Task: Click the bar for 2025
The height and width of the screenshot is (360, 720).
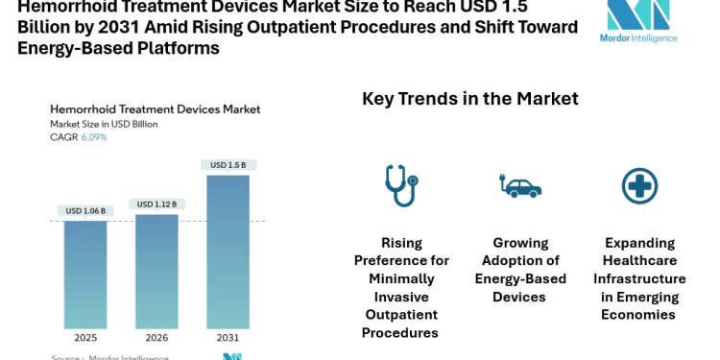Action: click(85, 275)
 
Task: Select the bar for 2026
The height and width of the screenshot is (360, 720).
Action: click(156, 272)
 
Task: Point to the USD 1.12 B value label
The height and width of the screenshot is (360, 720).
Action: click(156, 204)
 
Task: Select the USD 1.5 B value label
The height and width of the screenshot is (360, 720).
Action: click(228, 165)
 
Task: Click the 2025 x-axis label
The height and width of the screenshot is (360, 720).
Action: click(85, 338)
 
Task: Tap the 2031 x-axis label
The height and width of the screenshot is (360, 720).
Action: click(228, 338)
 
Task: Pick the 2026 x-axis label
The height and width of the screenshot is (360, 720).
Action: click(156, 338)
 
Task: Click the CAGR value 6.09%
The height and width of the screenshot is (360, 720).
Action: click(93, 137)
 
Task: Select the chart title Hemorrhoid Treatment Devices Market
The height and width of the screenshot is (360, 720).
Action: click(155, 109)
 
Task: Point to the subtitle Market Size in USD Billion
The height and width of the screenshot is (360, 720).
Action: click(104, 124)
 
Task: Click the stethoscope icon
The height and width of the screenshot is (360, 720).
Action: click(399, 185)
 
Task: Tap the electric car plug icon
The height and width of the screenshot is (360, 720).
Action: click(520, 185)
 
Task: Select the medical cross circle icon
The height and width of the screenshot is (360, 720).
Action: click(639, 185)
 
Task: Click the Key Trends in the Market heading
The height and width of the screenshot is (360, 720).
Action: click(469, 98)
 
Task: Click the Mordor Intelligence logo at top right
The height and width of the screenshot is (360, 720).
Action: click(642, 21)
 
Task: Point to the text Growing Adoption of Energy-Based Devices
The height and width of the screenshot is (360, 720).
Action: click(520, 270)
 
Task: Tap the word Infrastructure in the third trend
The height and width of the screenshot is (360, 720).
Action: click(639, 278)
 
